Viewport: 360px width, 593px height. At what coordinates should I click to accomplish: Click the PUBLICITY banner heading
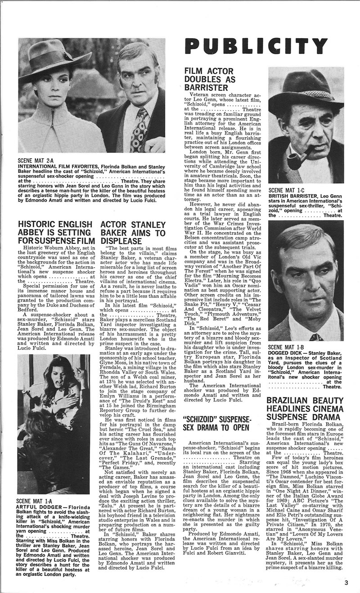point(256,46)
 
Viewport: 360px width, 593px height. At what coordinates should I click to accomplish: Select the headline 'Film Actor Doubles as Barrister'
point(210,79)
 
